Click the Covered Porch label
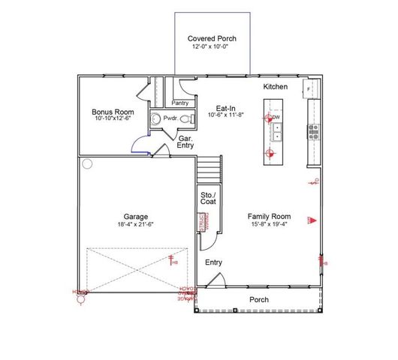(x=212, y=38)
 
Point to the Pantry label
(x=180, y=103)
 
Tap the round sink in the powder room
(x=155, y=118)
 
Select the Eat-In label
(x=226, y=107)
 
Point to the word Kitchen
(x=276, y=88)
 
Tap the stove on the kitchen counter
(x=314, y=132)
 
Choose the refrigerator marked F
(x=309, y=89)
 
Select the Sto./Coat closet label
(x=209, y=200)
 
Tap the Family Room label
(x=269, y=215)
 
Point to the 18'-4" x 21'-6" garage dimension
(x=135, y=223)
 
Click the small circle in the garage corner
(x=87, y=163)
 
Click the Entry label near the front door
(x=214, y=262)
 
